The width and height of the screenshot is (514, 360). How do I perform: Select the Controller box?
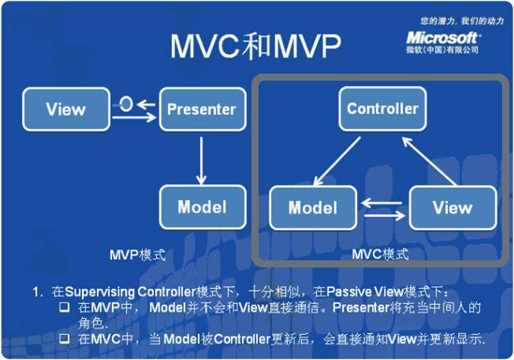click(382, 108)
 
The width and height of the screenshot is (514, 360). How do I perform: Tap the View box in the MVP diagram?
click(66, 109)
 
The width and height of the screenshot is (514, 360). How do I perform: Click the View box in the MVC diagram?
click(453, 208)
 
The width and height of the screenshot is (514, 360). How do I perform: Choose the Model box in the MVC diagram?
click(313, 209)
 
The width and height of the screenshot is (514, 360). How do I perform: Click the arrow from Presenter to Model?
click(203, 158)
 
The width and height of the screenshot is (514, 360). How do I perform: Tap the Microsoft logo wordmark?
click(442, 36)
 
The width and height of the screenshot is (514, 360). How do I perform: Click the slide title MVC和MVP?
click(256, 47)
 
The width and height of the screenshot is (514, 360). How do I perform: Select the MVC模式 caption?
click(382, 254)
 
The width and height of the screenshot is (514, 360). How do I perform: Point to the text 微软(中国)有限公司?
click(442, 50)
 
